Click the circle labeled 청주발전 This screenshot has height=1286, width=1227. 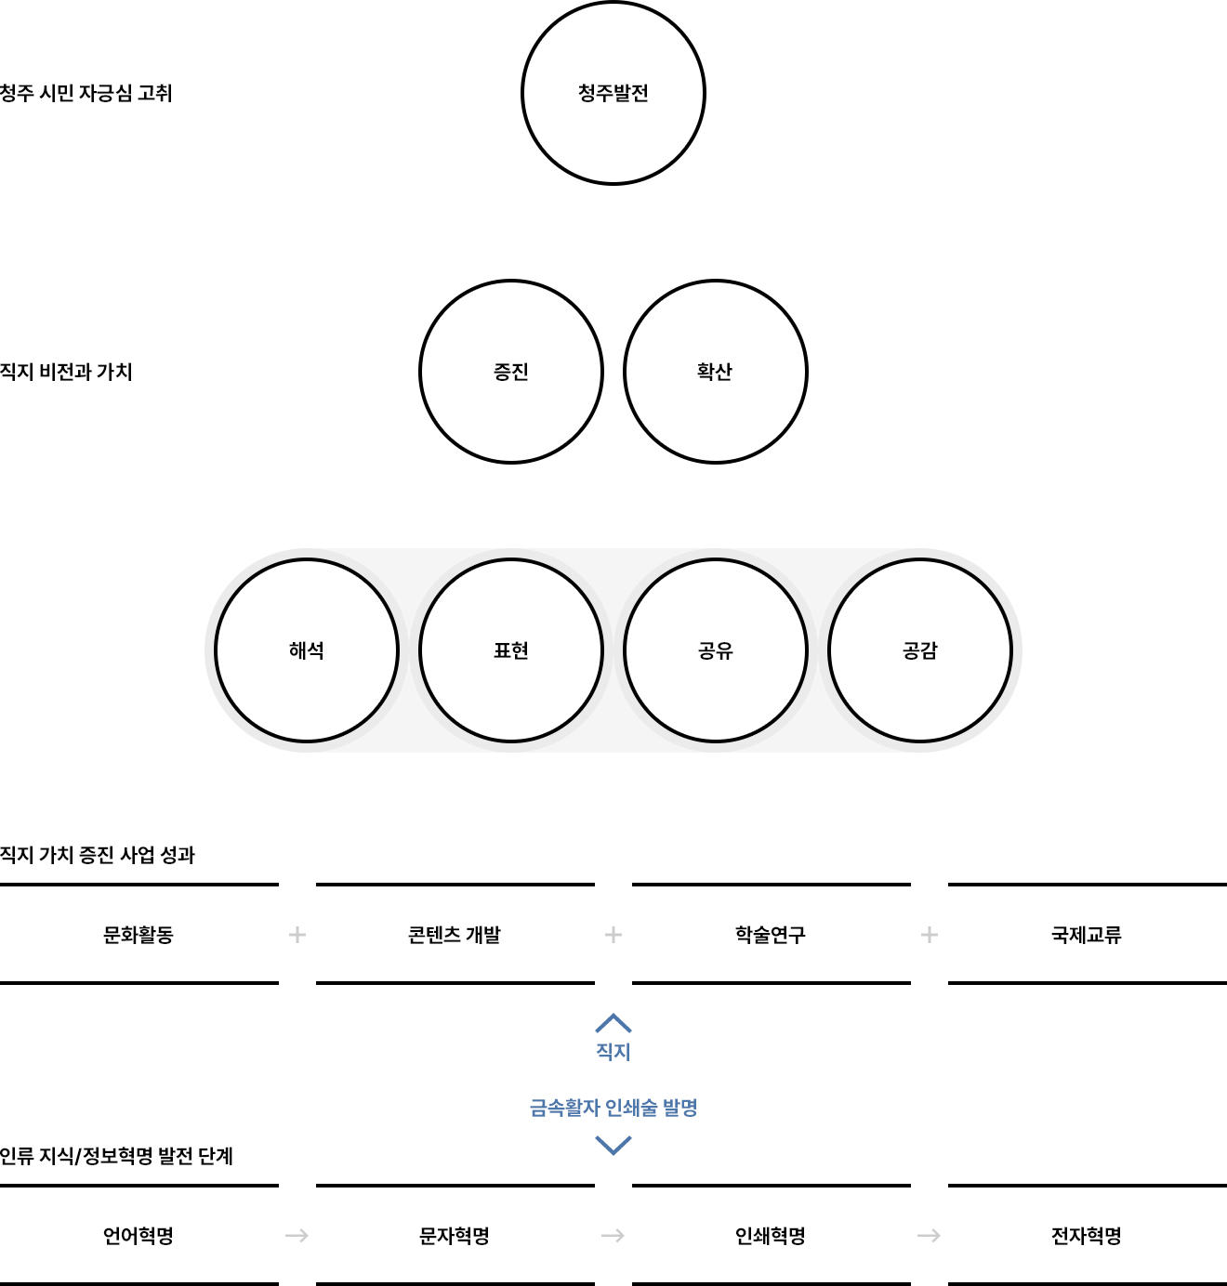click(x=613, y=93)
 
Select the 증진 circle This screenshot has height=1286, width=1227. click(x=511, y=372)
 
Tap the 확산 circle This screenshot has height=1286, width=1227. click(x=716, y=372)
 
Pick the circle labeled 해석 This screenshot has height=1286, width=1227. click(x=307, y=650)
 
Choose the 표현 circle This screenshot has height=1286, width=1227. click(x=511, y=650)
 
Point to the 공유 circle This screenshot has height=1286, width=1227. click(x=716, y=650)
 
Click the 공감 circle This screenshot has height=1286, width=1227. click(x=920, y=650)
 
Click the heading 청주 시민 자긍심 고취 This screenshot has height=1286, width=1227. click(x=86, y=93)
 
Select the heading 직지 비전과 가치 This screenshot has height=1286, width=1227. click(x=67, y=372)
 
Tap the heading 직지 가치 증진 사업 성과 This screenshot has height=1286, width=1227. click(x=98, y=855)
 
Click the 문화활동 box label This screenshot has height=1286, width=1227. click(x=139, y=935)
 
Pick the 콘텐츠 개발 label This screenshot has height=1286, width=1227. click(x=455, y=935)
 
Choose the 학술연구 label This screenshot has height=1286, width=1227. click(x=771, y=935)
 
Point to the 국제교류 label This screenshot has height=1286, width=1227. click(x=1087, y=935)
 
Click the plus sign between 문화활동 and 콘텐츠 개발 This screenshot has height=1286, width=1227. click(x=297, y=935)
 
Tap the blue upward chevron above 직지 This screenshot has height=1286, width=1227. click(x=613, y=1023)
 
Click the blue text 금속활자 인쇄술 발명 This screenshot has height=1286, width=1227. click(x=613, y=1108)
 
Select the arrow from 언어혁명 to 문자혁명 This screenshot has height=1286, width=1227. click(x=297, y=1236)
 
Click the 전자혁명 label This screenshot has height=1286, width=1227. click(x=1087, y=1236)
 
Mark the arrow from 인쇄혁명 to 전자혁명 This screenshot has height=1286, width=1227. click(x=929, y=1236)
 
